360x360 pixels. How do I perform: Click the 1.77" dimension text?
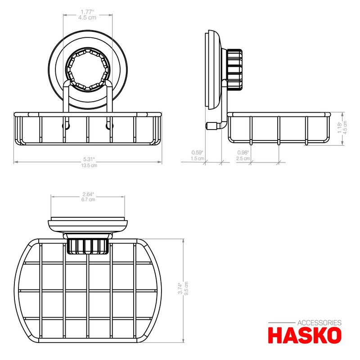87,12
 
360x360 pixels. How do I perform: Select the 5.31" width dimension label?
89,159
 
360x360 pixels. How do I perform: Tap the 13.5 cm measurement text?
89,165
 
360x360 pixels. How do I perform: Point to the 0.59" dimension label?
197,153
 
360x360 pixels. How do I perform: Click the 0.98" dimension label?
243,153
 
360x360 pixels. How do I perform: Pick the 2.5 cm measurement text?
243,158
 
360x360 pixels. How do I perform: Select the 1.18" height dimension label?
340,127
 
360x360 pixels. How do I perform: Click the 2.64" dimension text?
88,194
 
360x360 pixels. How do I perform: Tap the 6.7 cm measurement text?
88,199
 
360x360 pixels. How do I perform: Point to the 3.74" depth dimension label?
180,288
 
